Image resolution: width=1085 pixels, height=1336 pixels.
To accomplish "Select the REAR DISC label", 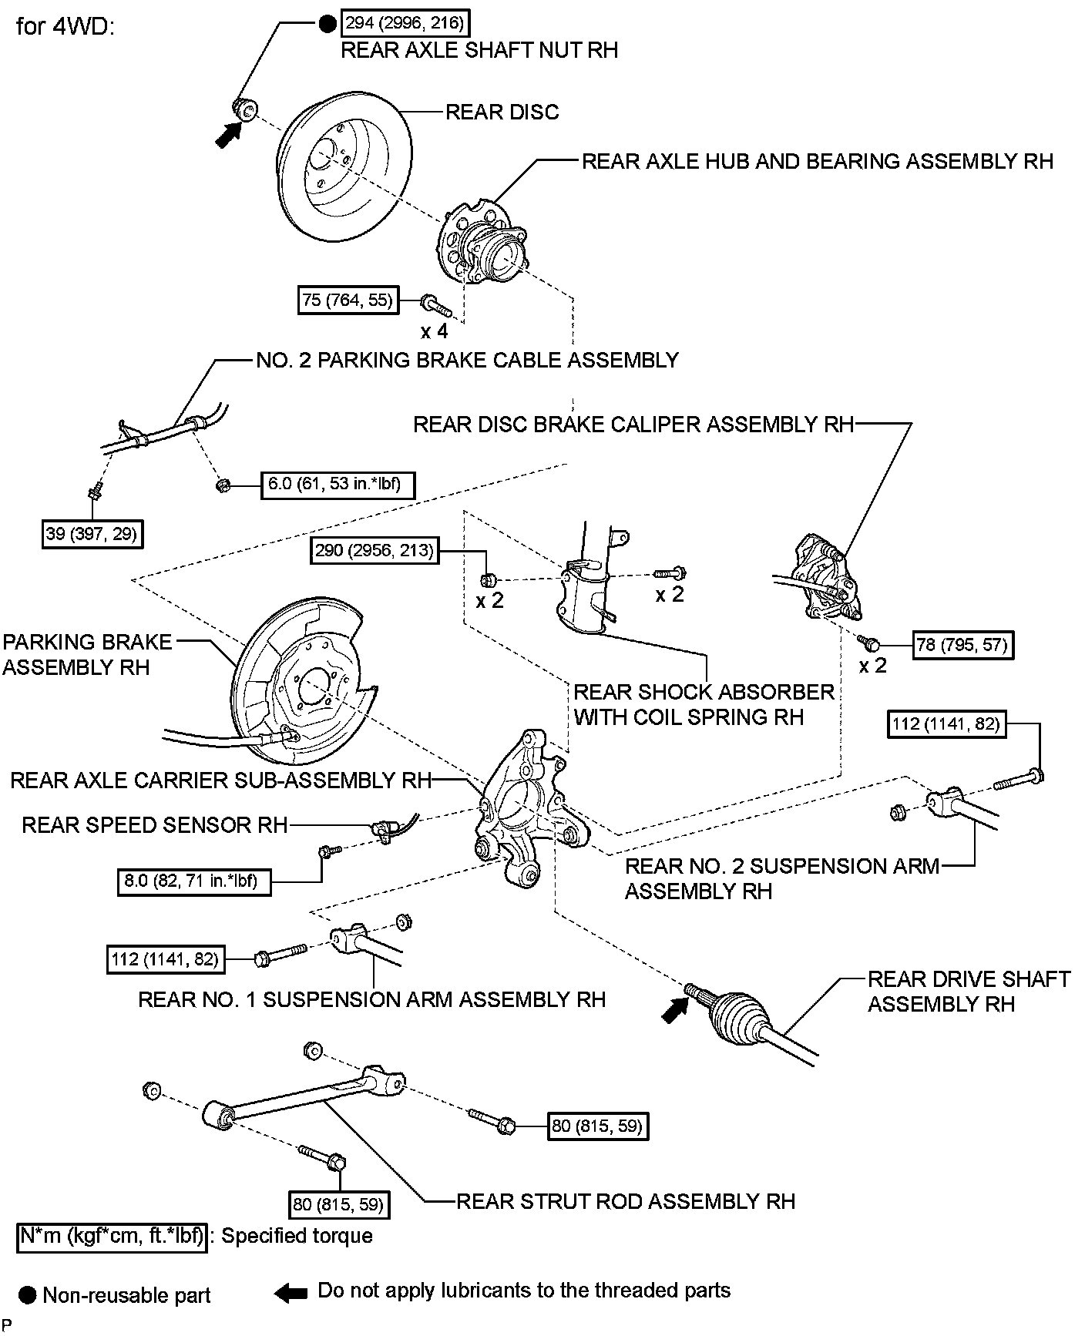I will click(502, 112).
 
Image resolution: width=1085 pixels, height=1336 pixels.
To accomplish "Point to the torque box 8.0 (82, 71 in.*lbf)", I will click(195, 881).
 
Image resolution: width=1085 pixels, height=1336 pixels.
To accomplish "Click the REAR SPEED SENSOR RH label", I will click(154, 825).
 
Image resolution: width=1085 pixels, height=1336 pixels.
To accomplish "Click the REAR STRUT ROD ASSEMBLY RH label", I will click(626, 1201).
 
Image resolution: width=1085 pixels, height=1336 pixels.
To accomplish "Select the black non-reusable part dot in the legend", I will click(29, 1295).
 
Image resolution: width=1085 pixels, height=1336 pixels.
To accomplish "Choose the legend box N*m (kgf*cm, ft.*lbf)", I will click(113, 1236).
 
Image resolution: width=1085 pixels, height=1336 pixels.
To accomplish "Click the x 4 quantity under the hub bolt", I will click(434, 332).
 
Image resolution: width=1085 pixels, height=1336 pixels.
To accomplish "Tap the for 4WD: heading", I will click(65, 28).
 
